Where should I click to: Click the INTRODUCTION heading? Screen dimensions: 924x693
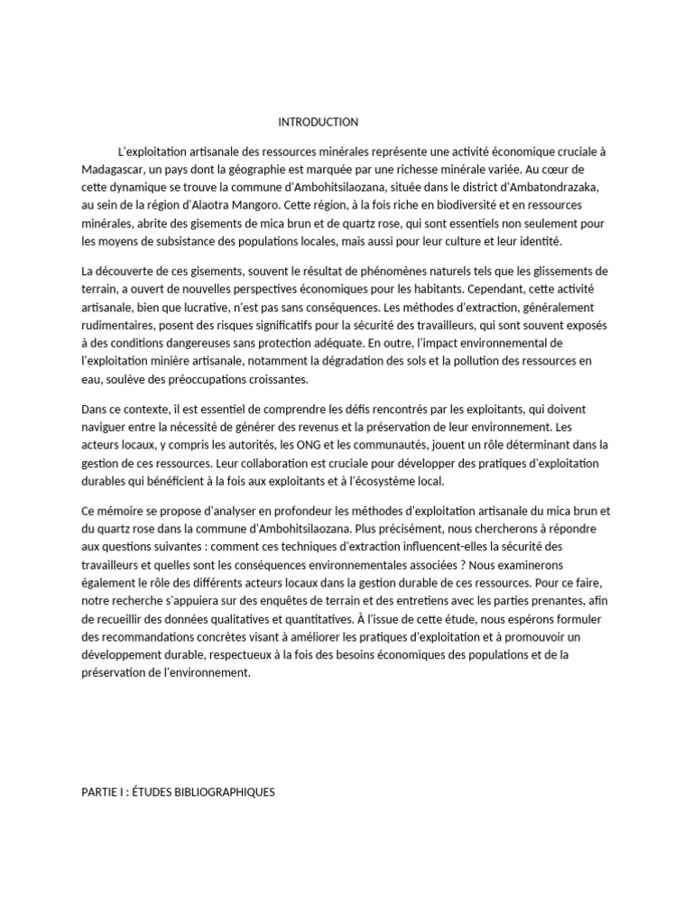(318, 122)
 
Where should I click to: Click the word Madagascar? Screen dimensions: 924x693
(110, 169)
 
